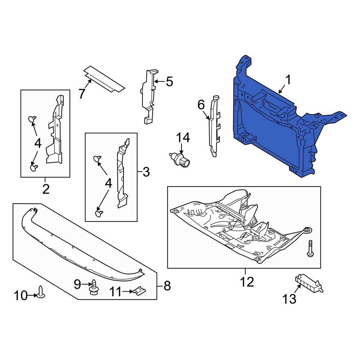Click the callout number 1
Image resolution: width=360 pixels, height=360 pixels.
(288, 80)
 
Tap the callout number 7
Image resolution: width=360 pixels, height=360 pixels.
(82, 94)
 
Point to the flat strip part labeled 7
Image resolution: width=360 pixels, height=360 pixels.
(104, 79)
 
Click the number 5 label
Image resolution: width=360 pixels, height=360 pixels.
(169, 82)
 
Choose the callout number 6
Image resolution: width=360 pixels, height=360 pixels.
(201, 105)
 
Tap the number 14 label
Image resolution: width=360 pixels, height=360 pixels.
(183, 138)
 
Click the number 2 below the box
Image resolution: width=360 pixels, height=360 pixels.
(46, 189)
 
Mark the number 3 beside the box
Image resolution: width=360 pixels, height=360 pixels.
(146, 172)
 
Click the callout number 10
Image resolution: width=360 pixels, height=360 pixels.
(21, 296)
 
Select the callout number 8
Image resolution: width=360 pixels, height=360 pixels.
(167, 286)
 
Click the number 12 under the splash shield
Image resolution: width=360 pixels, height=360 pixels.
(247, 282)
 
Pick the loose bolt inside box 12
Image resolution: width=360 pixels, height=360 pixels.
(310, 249)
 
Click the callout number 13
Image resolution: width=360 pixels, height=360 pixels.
(289, 298)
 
